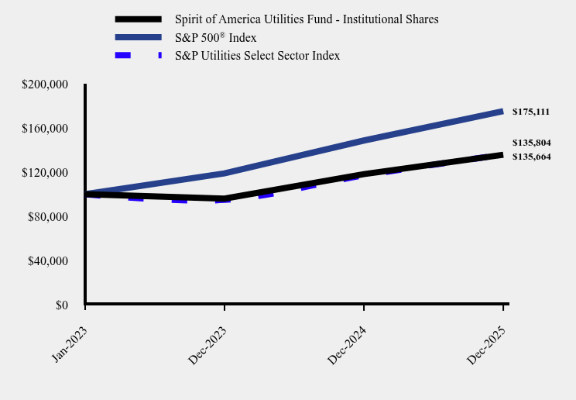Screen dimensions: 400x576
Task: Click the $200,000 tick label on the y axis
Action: [46, 84]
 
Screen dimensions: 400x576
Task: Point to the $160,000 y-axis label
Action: [46, 128]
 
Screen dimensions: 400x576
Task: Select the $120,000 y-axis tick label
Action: [46, 172]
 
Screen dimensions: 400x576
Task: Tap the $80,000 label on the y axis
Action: [49, 216]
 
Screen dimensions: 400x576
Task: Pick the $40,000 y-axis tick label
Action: [49, 260]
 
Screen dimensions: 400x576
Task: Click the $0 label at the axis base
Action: [61, 305]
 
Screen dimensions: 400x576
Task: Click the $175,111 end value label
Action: [531, 112]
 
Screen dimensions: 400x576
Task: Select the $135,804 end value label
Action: [531, 143]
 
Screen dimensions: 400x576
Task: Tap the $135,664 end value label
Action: [531, 157]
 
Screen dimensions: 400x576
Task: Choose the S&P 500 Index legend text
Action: [216, 37]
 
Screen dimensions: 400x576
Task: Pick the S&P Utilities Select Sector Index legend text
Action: [257, 55]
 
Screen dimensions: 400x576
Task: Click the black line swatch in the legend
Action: [138, 19]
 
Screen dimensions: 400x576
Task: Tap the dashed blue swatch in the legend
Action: [138, 55]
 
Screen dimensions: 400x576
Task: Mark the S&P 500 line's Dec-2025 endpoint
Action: [502, 112]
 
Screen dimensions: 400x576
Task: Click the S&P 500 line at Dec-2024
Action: [364, 140]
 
